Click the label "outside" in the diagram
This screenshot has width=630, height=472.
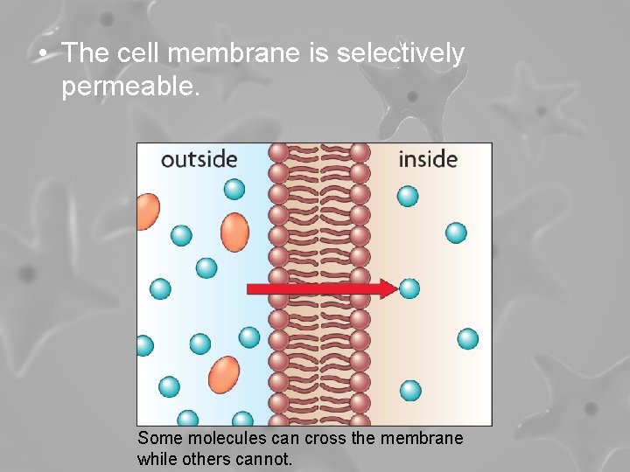pos(199,159)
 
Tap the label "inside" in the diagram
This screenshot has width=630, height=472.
pos(428,159)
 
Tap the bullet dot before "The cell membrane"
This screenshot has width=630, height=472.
pos(43,54)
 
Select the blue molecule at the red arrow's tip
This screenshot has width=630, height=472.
pos(409,288)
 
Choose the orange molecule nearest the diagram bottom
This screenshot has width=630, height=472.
pos(224,373)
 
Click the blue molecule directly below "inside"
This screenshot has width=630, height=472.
pos(408,196)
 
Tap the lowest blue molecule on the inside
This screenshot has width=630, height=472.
pos(410,390)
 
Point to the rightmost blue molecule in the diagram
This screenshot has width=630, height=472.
pos(468,338)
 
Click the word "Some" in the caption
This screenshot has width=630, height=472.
pos(156,439)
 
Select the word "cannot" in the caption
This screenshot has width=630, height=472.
pos(265,458)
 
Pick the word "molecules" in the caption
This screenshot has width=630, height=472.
pos(211,439)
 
